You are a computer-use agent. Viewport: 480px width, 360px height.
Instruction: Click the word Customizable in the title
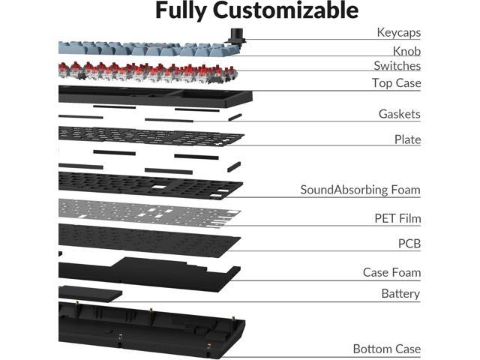[286, 10]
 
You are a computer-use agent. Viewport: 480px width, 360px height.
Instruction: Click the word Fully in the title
[181, 11]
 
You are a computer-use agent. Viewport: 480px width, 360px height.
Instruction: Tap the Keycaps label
[398, 32]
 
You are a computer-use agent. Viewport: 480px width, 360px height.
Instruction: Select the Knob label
[406, 51]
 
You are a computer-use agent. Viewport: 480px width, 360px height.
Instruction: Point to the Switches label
[397, 66]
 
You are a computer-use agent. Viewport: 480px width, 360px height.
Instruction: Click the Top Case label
[397, 83]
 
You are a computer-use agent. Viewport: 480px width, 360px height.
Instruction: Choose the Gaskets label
[400, 114]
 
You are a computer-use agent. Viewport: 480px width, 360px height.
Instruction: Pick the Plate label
[407, 139]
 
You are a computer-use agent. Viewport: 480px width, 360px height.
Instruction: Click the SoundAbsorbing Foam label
[360, 190]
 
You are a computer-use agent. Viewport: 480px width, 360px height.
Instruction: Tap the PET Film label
[397, 218]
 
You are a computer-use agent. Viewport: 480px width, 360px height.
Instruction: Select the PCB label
[409, 244]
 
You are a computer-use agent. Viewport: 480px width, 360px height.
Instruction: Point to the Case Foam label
[391, 272]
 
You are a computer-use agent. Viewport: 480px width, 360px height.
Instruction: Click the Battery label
[400, 294]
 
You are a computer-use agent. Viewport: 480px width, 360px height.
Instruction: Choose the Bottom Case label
[387, 349]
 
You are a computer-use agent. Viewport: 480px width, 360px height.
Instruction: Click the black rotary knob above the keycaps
[236, 36]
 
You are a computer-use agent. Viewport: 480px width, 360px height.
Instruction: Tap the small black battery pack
[90, 293]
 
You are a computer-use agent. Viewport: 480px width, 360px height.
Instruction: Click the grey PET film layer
[149, 213]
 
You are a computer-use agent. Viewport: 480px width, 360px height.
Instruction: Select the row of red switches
[148, 73]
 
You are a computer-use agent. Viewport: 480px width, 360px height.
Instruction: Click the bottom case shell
[151, 331]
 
